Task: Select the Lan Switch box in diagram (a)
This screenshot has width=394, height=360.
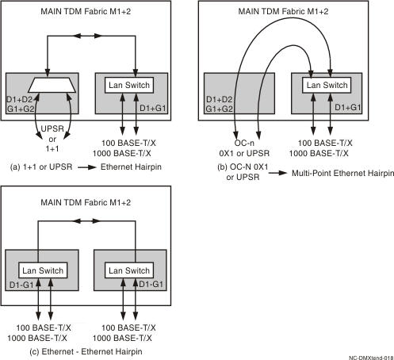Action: [x=130, y=84]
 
